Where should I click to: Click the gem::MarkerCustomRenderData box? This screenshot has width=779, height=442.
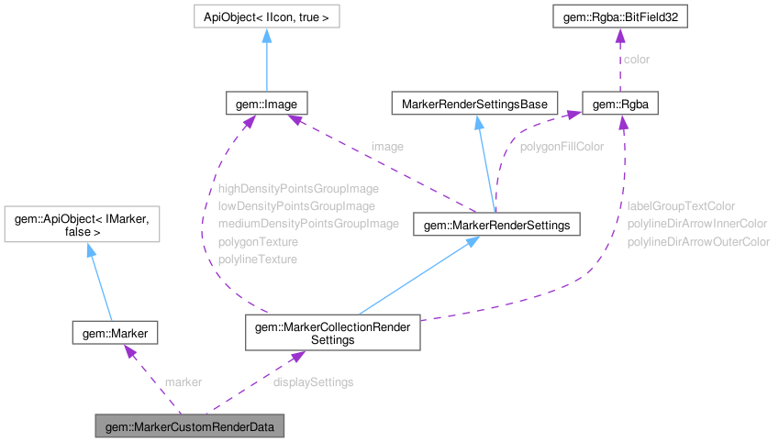point(190,427)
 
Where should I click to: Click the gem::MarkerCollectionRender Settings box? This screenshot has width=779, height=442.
point(332,333)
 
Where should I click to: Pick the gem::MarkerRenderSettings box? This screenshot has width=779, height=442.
point(496,224)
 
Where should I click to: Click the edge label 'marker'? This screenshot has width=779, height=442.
point(183,381)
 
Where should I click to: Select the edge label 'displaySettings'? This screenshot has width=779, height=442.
point(313,381)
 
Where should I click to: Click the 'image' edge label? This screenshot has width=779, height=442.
point(386,146)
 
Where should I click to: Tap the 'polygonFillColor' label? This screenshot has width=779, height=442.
point(562,146)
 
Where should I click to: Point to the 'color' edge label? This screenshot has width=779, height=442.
point(637,60)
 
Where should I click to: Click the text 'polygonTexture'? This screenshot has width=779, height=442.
point(258,242)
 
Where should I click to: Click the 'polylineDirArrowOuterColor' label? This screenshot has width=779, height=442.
point(698,242)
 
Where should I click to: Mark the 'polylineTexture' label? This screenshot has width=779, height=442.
point(258,260)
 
